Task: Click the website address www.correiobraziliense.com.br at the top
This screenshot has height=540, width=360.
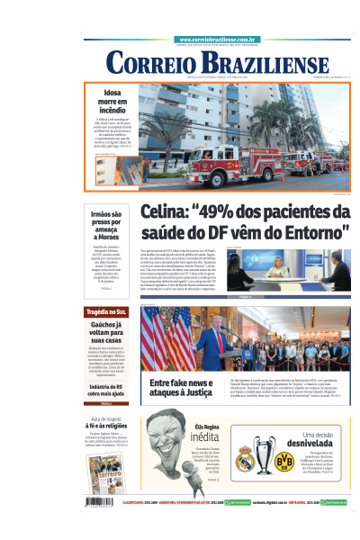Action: click(x=219, y=40)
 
